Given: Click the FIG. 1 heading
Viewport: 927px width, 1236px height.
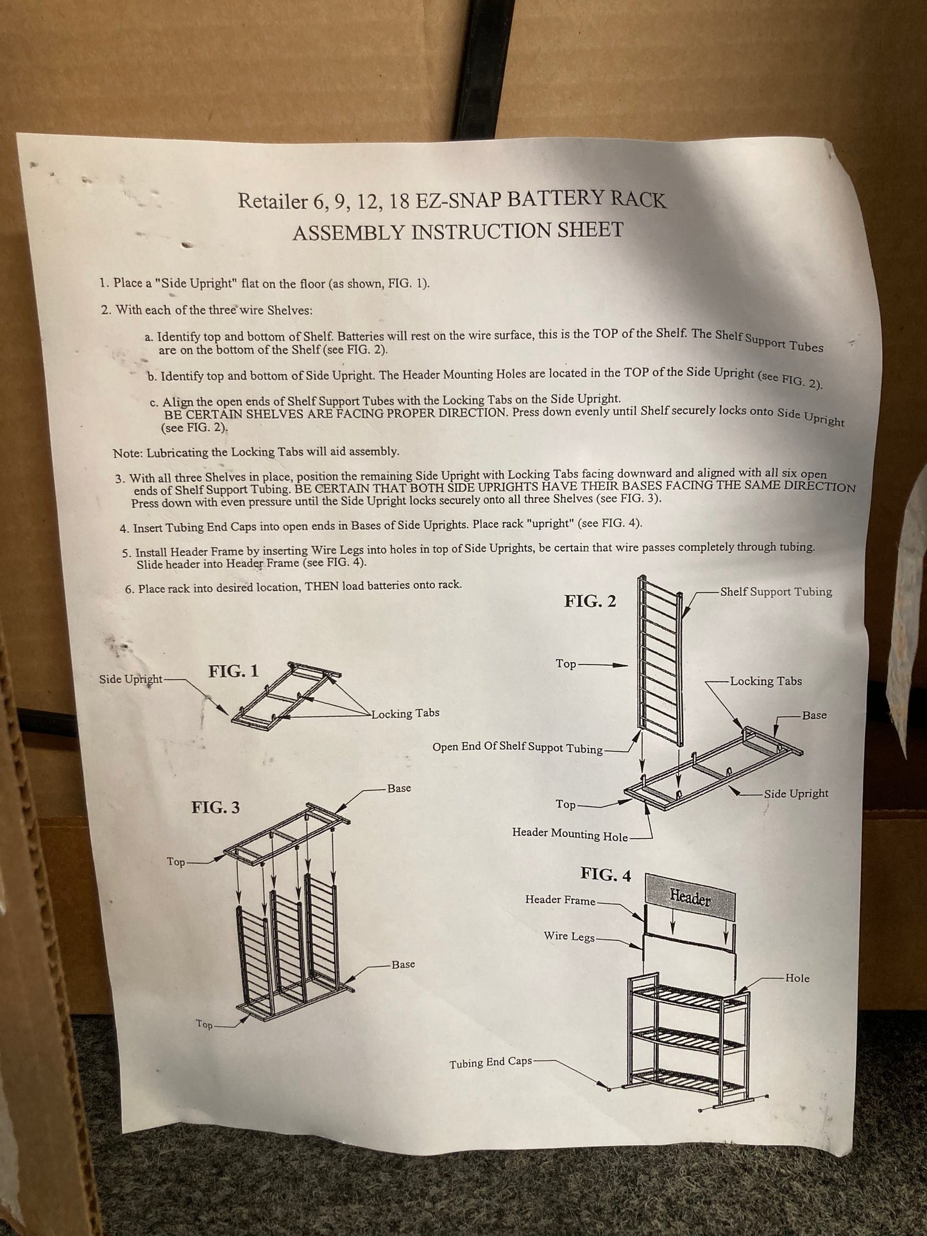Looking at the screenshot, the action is click(234, 672).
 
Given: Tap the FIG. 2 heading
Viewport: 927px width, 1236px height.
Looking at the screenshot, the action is click(590, 601).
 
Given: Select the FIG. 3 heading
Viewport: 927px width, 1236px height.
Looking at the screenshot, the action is click(216, 808).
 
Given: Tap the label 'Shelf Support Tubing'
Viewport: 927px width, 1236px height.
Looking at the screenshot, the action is click(776, 591).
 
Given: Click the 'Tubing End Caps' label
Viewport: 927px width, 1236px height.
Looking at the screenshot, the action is click(491, 1063).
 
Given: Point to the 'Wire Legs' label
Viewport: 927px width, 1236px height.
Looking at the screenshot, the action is click(569, 936).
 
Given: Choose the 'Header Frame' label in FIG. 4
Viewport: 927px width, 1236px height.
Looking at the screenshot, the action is click(560, 900).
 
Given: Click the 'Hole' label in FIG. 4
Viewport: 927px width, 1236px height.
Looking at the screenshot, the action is click(797, 978).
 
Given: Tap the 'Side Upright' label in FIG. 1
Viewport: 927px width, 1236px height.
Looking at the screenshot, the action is click(131, 679).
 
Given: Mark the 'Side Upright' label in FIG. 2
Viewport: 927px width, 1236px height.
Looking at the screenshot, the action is click(796, 793).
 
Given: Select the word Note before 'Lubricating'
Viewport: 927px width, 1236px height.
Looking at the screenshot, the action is click(126, 453).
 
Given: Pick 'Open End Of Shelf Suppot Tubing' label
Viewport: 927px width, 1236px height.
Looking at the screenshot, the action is click(518, 747).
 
